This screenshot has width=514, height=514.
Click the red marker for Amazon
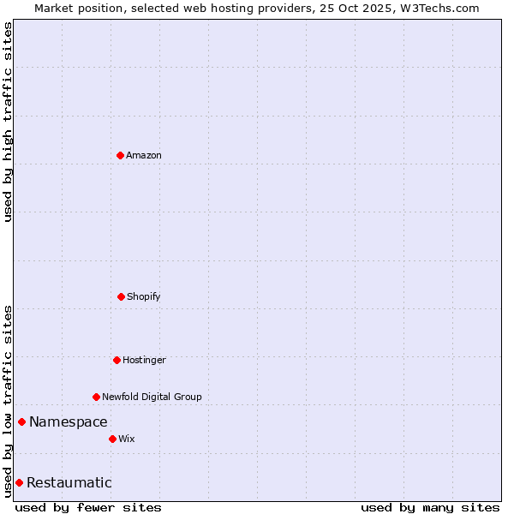click(x=120, y=155)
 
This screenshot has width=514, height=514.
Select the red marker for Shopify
click(x=121, y=296)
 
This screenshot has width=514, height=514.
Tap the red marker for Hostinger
click(x=117, y=360)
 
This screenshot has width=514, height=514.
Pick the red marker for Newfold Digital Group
click(x=96, y=397)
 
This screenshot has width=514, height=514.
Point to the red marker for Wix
click(x=112, y=439)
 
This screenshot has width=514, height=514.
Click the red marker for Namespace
click(x=21, y=421)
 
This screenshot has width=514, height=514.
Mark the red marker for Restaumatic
click(x=19, y=482)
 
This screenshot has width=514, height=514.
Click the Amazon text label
click(x=144, y=155)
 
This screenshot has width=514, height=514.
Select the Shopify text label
click(x=144, y=296)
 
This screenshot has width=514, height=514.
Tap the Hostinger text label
click(x=144, y=360)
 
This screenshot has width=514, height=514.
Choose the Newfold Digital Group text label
click(x=152, y=397)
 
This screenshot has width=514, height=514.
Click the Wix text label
click(x=127, y=439)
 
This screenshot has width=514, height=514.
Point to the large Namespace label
click(x=69, y=421)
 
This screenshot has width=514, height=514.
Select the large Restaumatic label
click(x=69, y=482)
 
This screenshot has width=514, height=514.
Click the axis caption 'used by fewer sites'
click(x=88, y=507)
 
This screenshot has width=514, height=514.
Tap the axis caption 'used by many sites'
click(x=430, y=507)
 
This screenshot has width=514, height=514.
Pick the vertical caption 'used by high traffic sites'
click(x=8, y=122)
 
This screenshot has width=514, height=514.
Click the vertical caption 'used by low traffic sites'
click(x=8, y=400)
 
